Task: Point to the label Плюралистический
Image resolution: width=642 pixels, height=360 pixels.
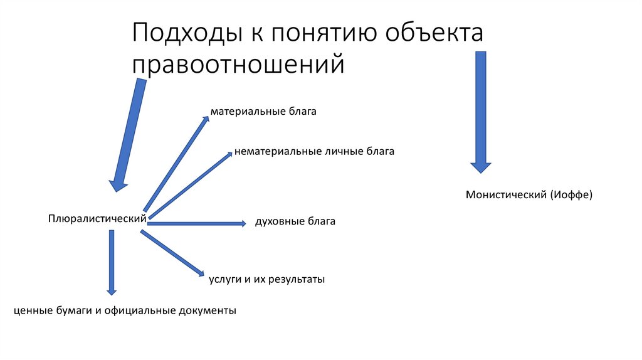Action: (97, 218)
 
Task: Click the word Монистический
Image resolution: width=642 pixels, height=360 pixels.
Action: (506, 195)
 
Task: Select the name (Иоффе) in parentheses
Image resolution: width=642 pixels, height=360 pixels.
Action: (571, 195)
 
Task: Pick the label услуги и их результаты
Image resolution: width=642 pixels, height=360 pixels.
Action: (266, 279)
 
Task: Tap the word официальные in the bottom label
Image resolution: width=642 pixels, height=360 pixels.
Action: (142, 310)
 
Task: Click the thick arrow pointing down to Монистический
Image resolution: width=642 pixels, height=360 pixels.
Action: (481, 110)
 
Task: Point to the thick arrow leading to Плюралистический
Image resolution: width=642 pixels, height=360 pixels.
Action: (128, 135)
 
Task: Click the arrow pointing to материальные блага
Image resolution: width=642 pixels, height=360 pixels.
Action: (176, 163)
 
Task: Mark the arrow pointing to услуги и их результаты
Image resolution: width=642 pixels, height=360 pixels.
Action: (172, 252)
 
